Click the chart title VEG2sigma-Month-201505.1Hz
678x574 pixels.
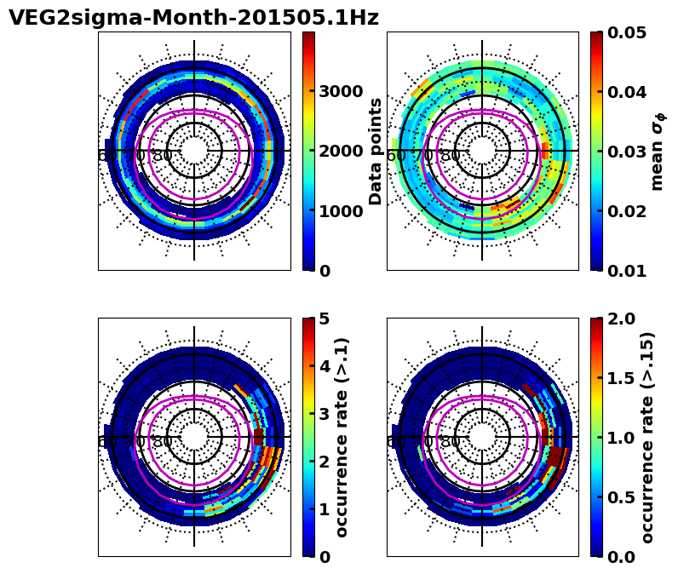193,18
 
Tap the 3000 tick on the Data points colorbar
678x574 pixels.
341,91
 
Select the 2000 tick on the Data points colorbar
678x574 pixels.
341,151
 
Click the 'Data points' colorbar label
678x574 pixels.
376,151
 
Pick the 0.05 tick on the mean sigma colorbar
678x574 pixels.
629,32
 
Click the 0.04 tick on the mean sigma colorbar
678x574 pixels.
629,92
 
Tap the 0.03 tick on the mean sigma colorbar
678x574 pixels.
629,152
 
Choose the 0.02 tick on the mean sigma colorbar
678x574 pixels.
629,211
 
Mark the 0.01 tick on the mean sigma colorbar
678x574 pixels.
629,271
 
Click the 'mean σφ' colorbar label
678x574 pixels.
658,152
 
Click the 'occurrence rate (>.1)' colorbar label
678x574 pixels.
342,437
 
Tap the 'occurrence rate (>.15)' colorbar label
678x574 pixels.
647,437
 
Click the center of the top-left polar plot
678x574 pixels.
194,151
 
